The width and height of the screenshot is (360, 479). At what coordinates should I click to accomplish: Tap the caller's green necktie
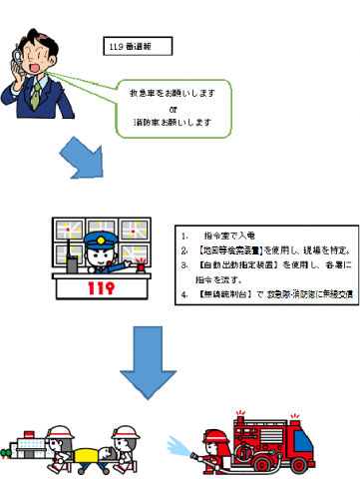click(x=37, y=94)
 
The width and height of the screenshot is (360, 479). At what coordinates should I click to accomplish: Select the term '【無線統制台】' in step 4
click(x=223, y=294)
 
